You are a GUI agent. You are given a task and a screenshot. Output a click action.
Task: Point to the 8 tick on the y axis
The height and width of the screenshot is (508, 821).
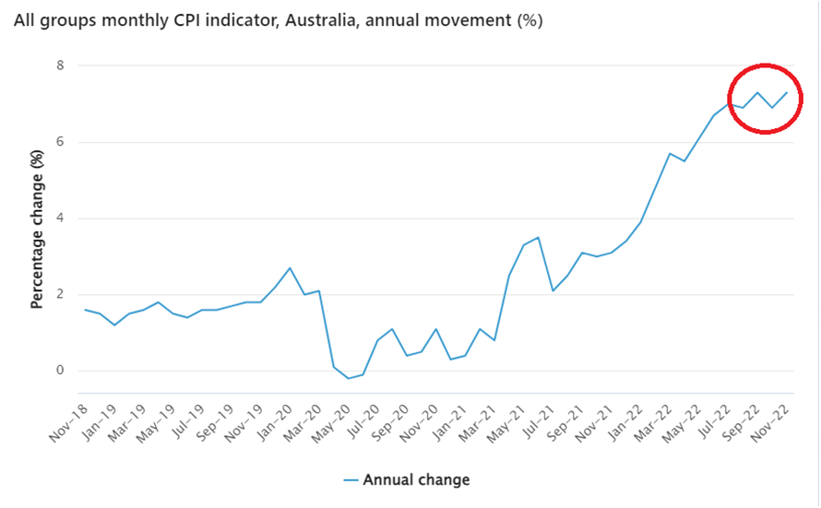click(60, 65)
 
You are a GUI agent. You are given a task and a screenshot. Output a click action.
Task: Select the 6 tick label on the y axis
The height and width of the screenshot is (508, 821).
click(60, 142)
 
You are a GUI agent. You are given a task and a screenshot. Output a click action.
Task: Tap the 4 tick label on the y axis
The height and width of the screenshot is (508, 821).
click(60, 219)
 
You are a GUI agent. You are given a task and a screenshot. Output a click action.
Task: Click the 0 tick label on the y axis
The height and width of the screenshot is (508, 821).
click(60, 371)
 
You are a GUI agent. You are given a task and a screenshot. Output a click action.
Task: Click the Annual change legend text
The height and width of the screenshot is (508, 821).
click(416, 479)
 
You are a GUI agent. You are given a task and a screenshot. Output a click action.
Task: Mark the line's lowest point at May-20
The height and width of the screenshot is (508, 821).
click(349, 378)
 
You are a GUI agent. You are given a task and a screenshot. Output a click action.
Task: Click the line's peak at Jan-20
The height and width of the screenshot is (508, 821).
click(290, 268)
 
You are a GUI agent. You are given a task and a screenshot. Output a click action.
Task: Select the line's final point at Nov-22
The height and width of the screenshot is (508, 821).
click(787, 92)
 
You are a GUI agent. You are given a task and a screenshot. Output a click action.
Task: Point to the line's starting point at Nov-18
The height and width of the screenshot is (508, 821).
click(85, 310)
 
